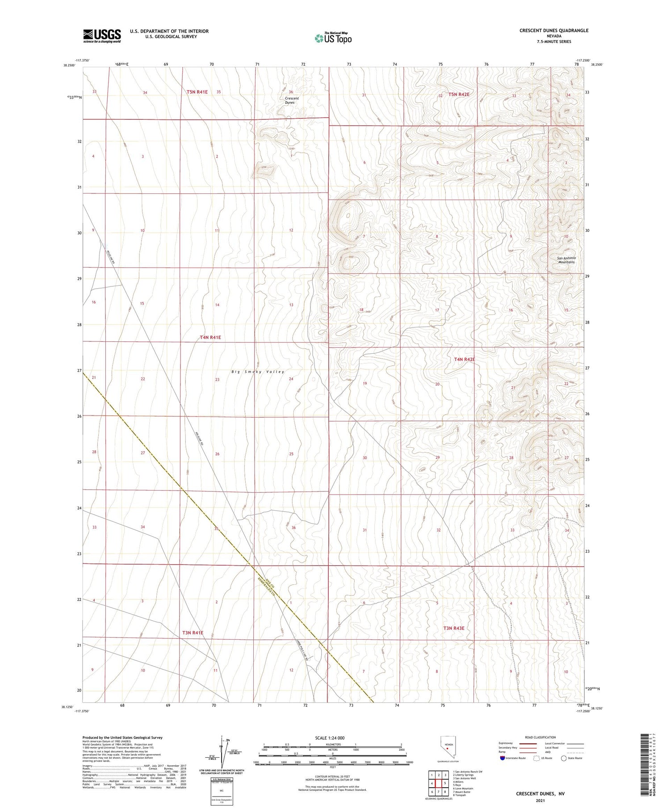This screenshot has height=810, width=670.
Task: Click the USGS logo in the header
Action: coord(102,36)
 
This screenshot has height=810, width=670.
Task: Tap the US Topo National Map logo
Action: coord(333,38)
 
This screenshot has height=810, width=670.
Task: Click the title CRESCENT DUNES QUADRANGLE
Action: coord(553,30)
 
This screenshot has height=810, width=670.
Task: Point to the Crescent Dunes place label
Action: coord(291,101)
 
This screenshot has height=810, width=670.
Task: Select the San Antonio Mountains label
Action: coord(566,260)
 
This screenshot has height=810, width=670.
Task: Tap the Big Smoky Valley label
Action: coord(258,372)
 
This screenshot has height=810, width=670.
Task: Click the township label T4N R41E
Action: coord(210,337)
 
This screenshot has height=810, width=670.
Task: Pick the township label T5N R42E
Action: coord(459,94)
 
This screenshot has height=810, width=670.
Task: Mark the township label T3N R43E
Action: coord(453,628)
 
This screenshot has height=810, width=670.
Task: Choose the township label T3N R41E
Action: coord(193,633)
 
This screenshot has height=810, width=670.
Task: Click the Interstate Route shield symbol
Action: coord(502,758)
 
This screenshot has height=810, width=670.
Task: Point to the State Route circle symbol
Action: coord(564,758)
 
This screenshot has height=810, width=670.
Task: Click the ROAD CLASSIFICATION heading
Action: coord(540,737)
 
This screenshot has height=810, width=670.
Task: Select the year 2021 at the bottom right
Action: coord(540,800)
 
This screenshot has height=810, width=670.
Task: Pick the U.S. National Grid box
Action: coord(222,790)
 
